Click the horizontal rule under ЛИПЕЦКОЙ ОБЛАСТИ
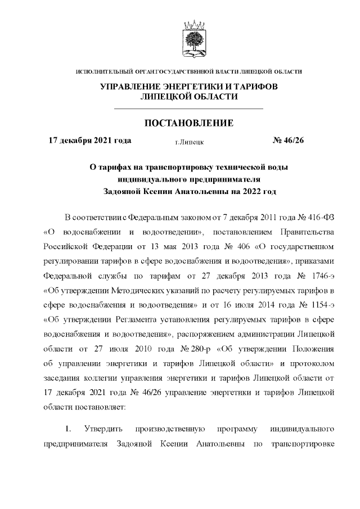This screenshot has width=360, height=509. point(188,107)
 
